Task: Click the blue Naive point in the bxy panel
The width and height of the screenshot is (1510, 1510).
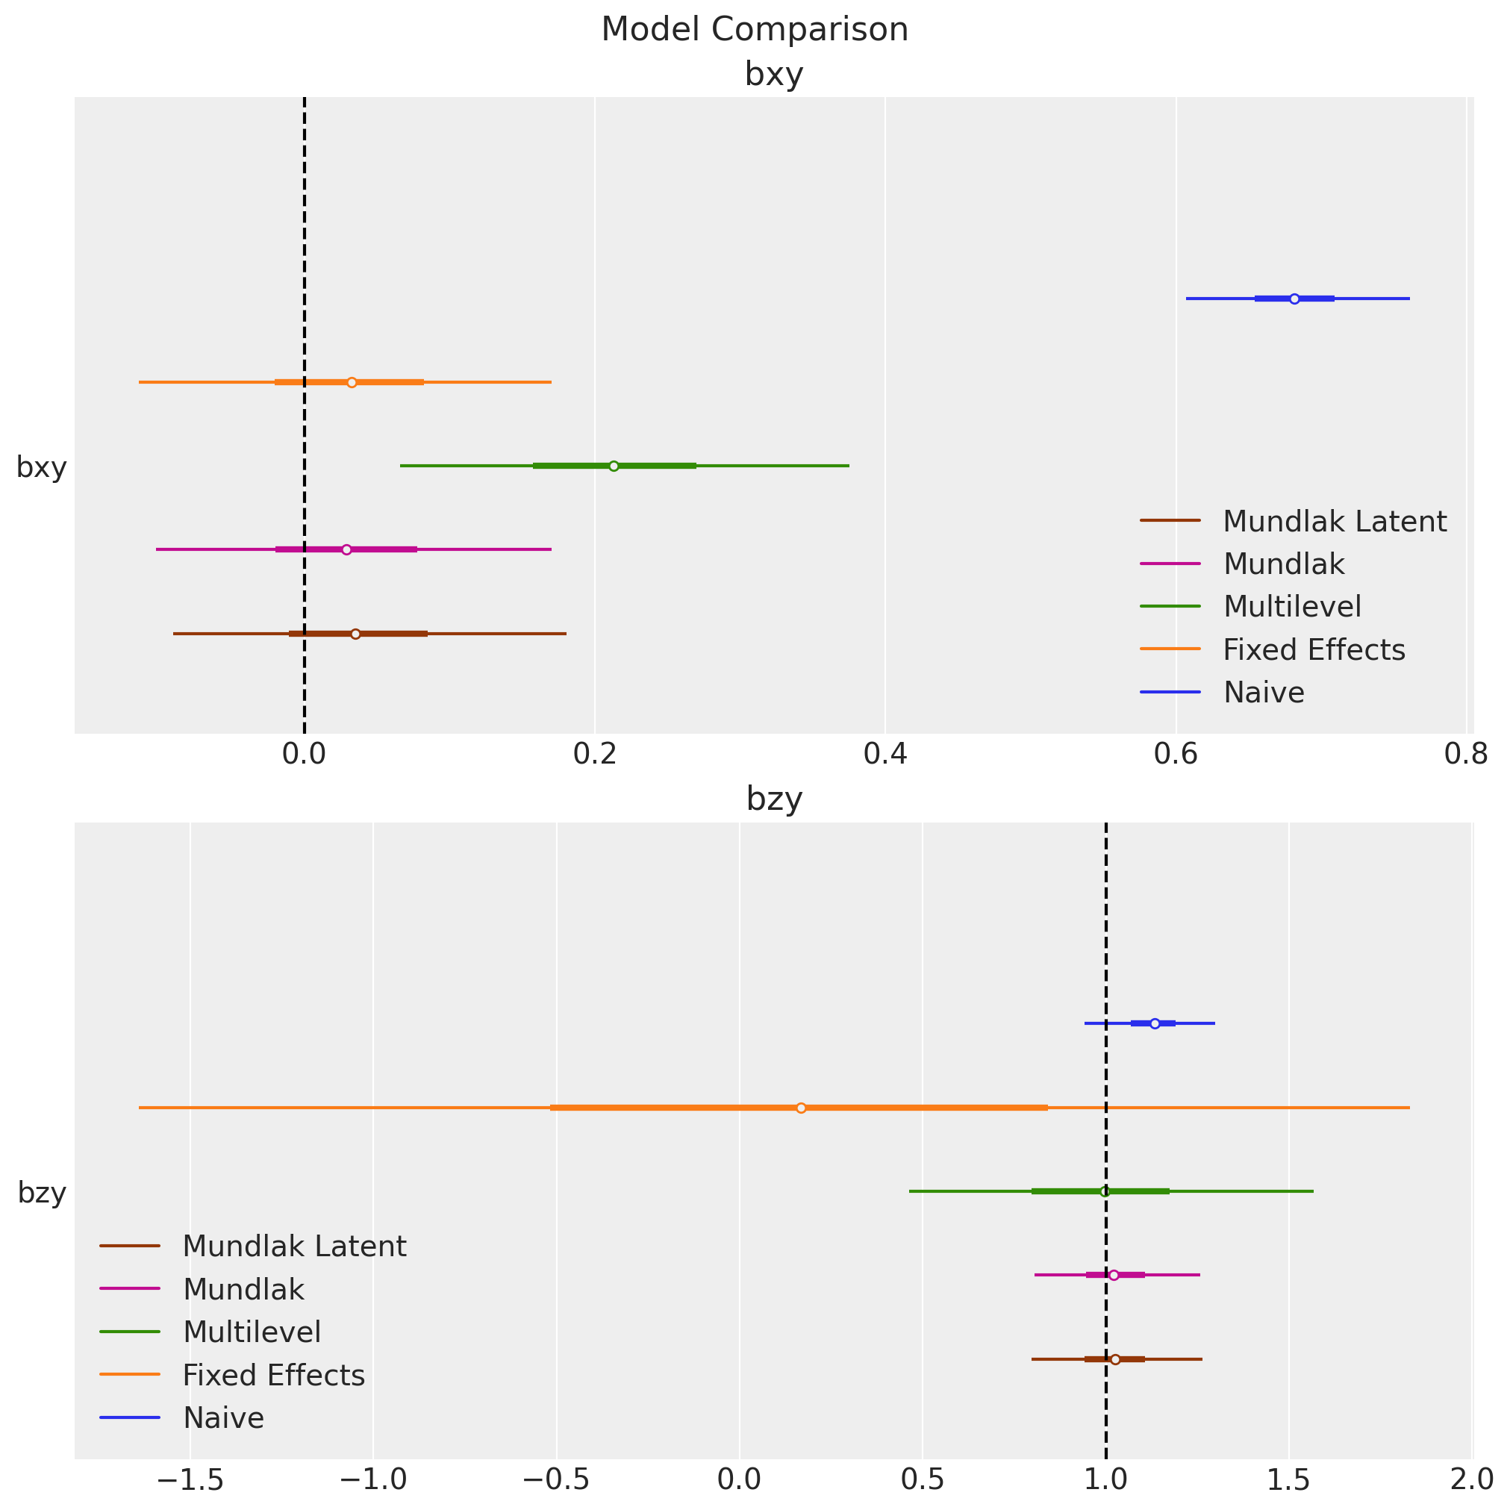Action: [x=1294, y=299]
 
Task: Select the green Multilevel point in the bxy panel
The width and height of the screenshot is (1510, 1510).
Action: [x=614, y=466]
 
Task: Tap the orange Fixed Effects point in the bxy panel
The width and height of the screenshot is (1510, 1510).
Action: [x=352, y=382]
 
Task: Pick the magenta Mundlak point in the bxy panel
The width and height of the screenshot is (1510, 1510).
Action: [x=347, y=549]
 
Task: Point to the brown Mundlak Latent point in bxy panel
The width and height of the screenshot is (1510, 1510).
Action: [x=355, y=634]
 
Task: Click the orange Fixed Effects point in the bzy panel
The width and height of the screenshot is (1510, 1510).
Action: [x=801, y=1108]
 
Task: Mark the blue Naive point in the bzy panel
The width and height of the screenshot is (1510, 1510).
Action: [x=1155, y=1024]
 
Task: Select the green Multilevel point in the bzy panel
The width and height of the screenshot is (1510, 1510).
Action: [x=1105, y=1191]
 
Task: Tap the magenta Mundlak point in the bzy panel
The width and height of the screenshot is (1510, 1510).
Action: [x=1114, y=1275]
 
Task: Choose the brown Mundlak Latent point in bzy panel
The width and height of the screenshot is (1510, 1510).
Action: [x=1115, y=1359]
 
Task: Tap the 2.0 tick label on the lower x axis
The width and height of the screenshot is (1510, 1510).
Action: [x=1472, y=1480]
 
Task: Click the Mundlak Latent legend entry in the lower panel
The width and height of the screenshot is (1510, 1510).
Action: [x=294, y=1246]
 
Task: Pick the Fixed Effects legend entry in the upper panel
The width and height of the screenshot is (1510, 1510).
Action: [x=1314, y=649]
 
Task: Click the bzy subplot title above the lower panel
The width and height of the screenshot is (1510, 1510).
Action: [x=774, y=799]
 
